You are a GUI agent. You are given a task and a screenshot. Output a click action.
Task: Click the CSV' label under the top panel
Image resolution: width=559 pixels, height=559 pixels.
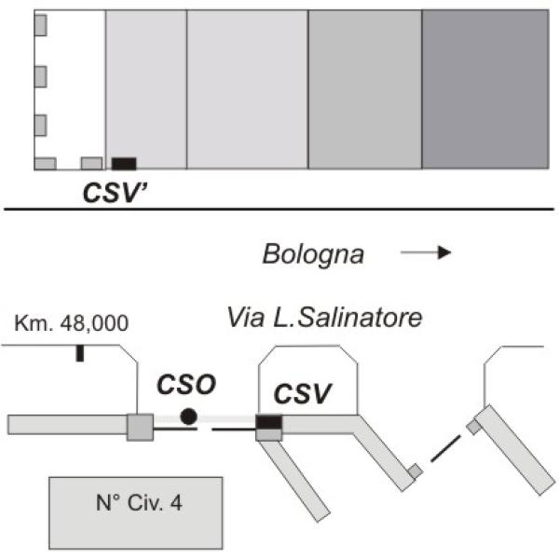(x=115, y=193)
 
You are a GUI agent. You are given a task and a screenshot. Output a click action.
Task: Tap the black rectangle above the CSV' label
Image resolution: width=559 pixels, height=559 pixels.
(x=124, y=164)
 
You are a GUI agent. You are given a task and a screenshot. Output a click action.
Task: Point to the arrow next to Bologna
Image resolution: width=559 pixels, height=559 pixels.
(x=426, y=252)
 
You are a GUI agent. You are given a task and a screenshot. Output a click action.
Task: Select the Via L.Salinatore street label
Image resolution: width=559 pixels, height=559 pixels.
(x=325, y=318)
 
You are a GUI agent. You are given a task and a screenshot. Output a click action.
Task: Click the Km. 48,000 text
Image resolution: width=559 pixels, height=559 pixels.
(x=72, y=323)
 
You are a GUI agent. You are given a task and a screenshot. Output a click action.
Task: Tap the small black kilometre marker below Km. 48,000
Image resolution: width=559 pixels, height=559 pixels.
(x=80, y=353)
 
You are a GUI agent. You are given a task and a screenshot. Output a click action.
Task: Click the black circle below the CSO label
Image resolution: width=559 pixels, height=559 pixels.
(x=188, y=416)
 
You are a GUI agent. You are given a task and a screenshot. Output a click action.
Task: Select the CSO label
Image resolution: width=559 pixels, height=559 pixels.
(x=186, y=384)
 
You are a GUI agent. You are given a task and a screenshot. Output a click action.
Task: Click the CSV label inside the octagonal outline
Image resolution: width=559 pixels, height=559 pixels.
(x=303, y=393)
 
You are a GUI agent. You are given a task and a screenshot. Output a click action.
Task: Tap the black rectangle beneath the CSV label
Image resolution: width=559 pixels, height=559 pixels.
(x=269, y=422)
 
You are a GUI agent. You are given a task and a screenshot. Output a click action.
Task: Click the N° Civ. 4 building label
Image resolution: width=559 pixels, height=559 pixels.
(x=139, y=503)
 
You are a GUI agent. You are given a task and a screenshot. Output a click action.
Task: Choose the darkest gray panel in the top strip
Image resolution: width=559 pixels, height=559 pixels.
(x=485, y=89)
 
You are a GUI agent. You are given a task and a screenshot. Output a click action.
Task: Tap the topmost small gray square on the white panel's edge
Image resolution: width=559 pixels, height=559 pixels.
(x=40, y=25)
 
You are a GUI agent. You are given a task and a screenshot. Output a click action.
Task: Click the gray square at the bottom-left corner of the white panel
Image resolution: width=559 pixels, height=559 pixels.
(x=45, y=164)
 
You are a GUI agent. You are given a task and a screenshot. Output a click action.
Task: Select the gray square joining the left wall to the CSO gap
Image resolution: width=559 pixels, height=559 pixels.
(x=141, y=427)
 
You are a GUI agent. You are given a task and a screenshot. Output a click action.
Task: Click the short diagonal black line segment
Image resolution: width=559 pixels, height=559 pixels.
(x=445, y=448)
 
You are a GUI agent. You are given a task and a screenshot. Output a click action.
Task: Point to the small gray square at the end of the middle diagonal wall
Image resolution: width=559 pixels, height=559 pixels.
(x=416, y=470)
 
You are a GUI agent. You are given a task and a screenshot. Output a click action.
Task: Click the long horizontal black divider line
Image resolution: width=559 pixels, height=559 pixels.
(x=279, y=210)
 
